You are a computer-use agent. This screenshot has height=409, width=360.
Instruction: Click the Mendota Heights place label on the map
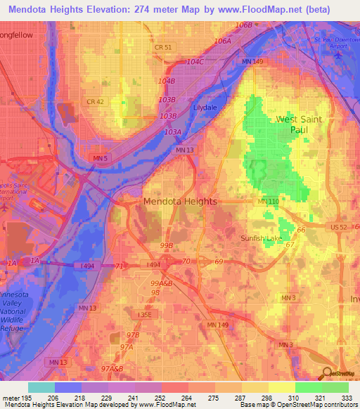coord(180,201)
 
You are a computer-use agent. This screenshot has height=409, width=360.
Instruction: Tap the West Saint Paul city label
coord(299,124)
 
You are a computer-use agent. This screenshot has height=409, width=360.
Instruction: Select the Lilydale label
coord(207,110)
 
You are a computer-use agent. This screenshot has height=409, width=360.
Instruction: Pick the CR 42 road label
coord(95,102)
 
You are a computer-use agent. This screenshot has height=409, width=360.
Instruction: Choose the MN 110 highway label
coord(269,202)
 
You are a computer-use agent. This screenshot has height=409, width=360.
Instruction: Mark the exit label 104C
coord(195,62)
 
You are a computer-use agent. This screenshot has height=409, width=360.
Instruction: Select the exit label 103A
coord(172,131)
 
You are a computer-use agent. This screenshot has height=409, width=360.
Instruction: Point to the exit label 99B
coord(167,245)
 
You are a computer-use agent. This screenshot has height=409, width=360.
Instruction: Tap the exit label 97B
coord(132,336)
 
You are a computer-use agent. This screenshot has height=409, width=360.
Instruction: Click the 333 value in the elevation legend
coord(348,398)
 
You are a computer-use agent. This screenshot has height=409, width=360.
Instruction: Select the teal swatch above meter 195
coord(41,387)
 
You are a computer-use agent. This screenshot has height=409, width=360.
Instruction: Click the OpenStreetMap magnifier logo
coord(326,372)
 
